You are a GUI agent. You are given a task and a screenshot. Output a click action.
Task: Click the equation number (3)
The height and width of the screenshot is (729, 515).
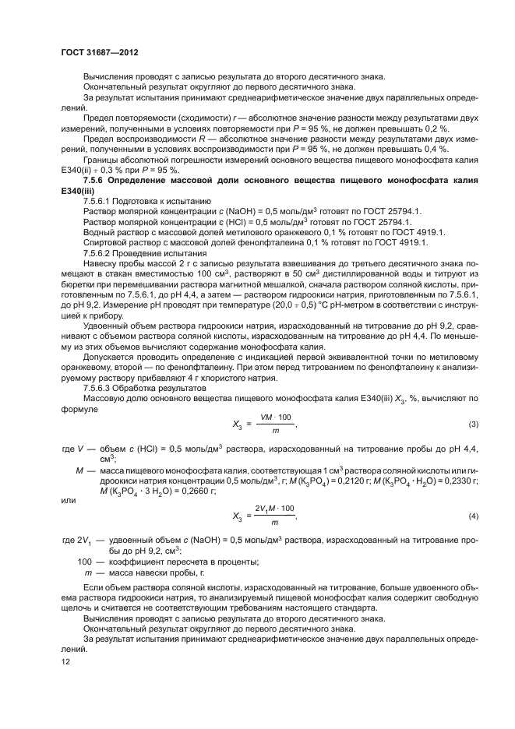tap(473, 424)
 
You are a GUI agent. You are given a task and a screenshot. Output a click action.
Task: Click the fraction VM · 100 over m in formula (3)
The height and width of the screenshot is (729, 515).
tap(275, 424)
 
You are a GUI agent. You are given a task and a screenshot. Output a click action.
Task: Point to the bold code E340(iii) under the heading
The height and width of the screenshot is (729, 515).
tap(81, 190)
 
